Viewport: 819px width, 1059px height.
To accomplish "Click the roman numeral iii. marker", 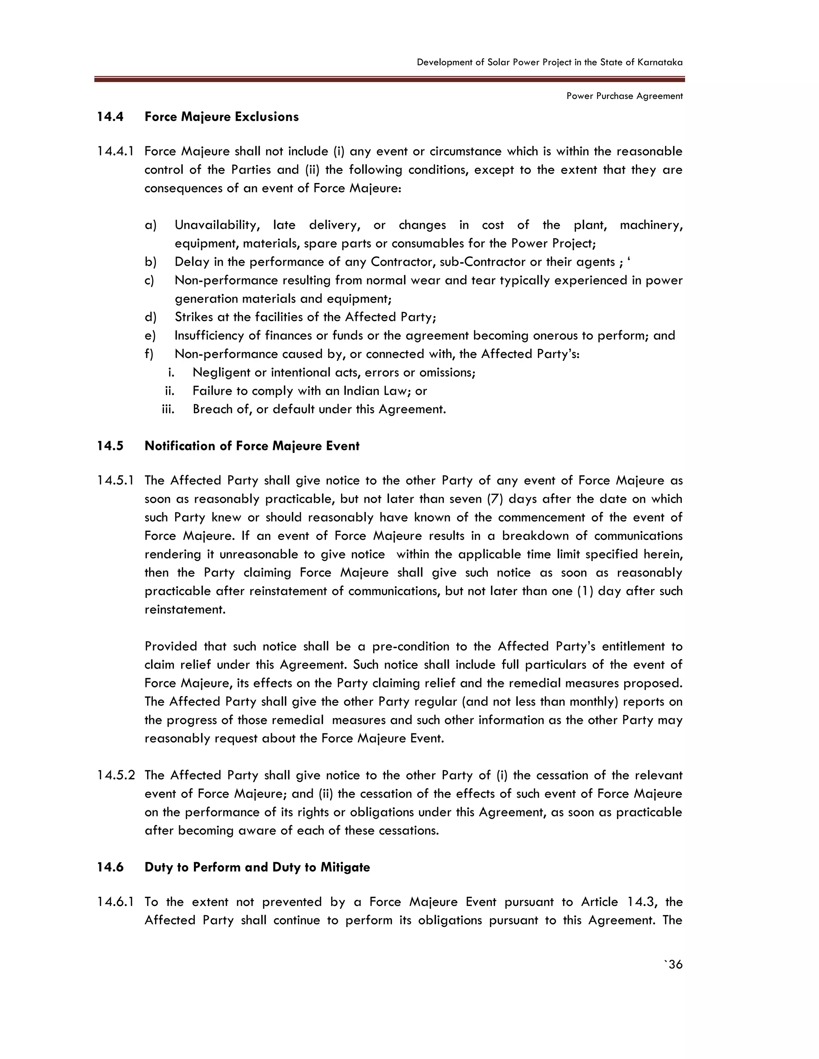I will click(x=168, y=409).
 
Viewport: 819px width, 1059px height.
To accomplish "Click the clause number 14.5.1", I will click(x=116, y=480).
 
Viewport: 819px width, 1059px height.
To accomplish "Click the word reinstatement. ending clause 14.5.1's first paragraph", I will click(x=185, y=609).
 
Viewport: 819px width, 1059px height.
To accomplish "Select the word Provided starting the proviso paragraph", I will click(x=170, y=646).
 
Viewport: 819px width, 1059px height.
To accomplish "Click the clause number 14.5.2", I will click(x=116, y=775).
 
